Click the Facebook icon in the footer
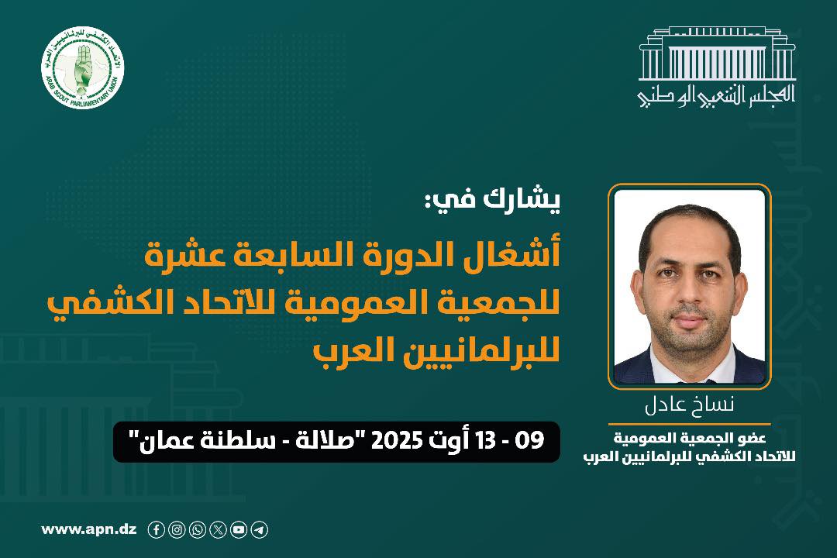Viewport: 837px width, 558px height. coord(156,529)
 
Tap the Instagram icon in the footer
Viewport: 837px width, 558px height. coord(177,529)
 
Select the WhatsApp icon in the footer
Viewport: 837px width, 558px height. coord(198,529)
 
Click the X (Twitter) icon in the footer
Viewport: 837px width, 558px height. coord(218,529)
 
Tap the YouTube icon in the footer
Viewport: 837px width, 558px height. coord(239,529)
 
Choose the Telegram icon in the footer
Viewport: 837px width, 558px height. coord(260,529)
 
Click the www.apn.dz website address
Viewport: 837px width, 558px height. coord(88,529)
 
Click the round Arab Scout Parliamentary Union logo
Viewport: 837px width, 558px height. coord(83,68)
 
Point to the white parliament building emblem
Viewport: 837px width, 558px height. coord(717,53)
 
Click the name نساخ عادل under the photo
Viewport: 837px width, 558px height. coord(689,405)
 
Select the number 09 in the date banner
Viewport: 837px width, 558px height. coord(531,441)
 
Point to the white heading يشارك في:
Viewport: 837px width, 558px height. coord(492,200)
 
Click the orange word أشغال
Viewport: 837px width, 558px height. coord(513,256)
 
